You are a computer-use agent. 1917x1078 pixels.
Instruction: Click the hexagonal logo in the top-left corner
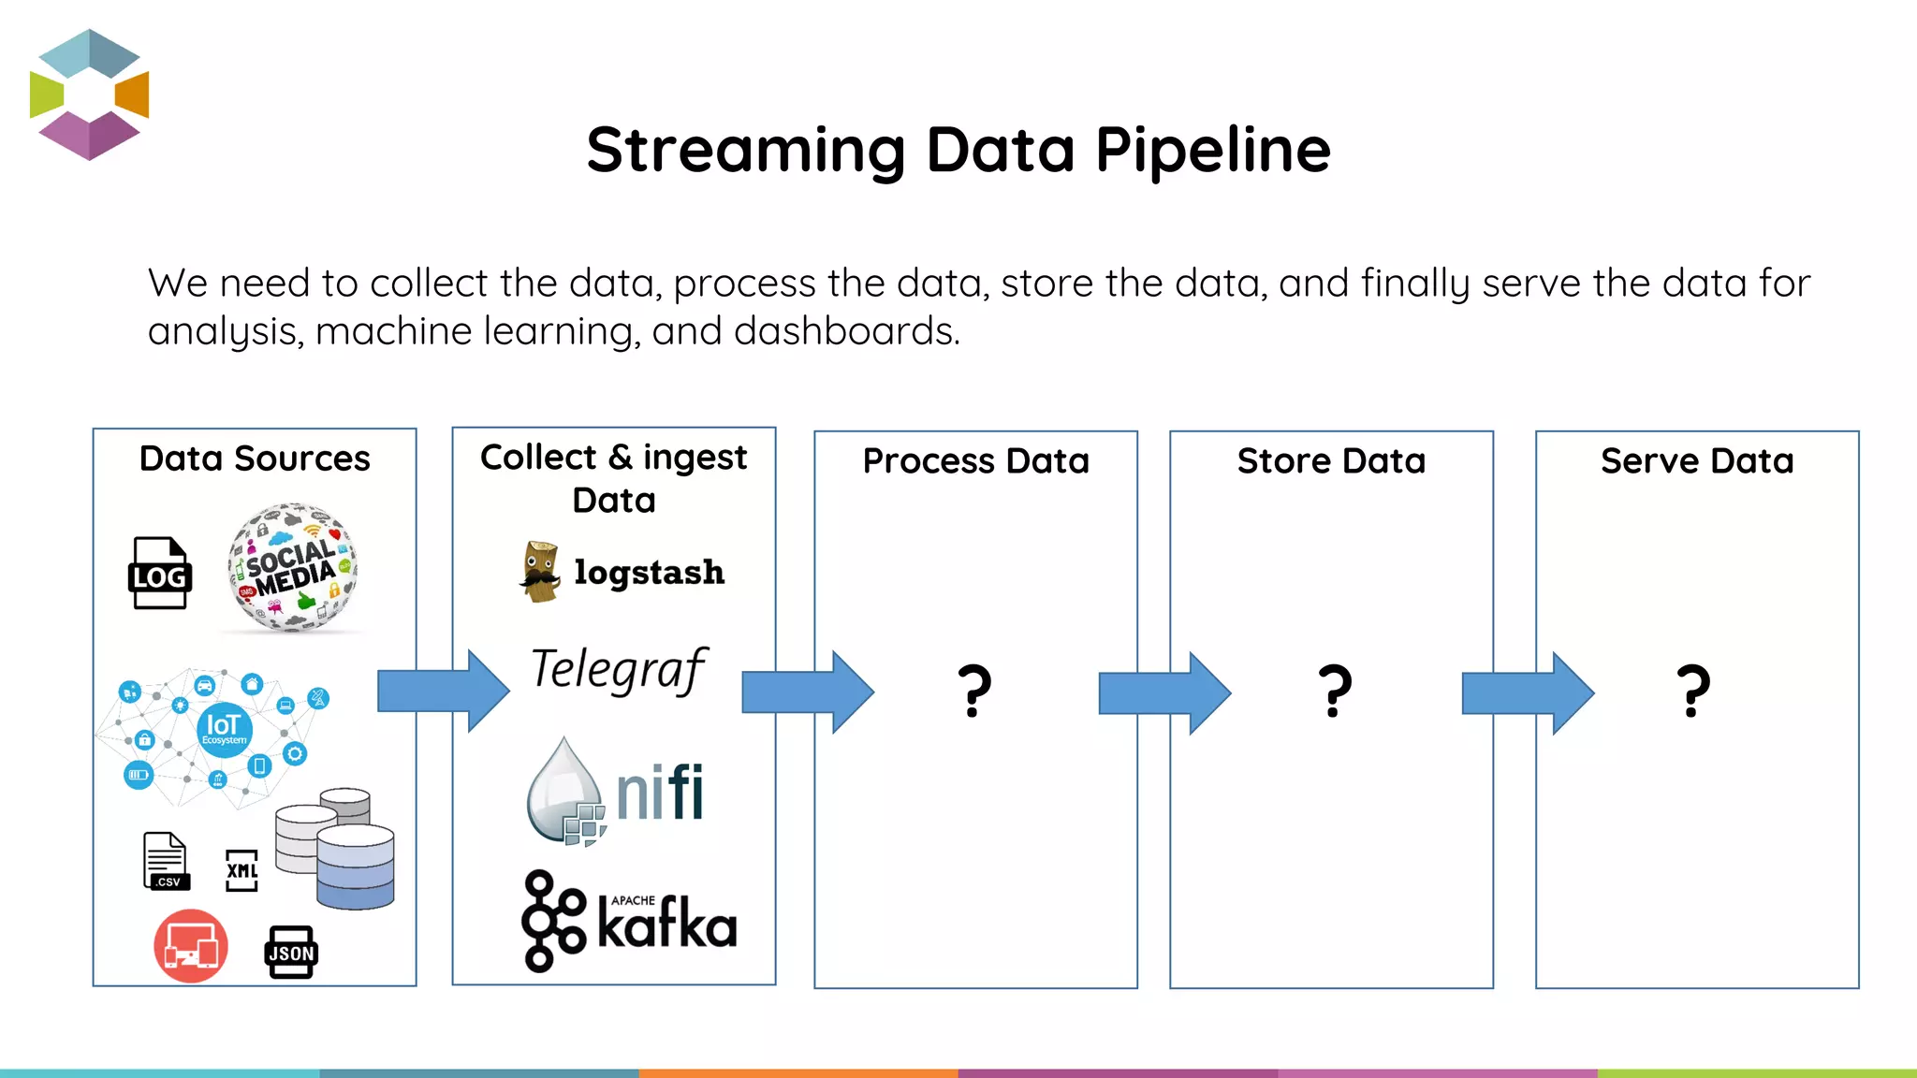pos(89,95)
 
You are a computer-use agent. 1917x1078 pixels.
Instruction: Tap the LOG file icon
pos(159,573)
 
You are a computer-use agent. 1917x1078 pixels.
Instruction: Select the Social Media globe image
pos(293,567)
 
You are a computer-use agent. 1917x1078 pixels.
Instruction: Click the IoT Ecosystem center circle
pos(224,729)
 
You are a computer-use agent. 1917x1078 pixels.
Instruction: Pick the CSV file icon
pos(166,861)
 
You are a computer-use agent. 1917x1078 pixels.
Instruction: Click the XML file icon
pos(241,870)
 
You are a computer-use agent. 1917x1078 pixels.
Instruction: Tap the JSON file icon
pos(291,952)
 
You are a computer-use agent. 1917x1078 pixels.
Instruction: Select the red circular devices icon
pos(191,945)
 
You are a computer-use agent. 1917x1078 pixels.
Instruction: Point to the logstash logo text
pos(649,572)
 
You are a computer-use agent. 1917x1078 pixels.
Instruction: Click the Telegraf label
pos(618,670)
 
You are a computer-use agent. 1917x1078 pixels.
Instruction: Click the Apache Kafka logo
pos(629,921)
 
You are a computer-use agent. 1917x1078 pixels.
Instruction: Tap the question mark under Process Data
pos(974,692)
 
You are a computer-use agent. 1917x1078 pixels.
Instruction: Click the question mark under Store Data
pos(1335,692)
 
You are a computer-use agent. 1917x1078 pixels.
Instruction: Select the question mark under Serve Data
pos(1693,692)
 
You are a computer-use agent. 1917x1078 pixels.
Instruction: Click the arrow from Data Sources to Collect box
pos(442,692)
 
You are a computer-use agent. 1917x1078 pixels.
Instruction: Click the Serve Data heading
pos(1696,461)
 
